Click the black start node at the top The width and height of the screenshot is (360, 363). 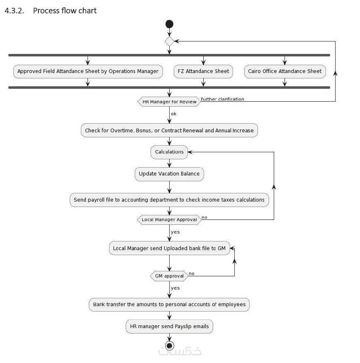(x=169, y=24)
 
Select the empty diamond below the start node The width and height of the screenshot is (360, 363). (x=169, y=41)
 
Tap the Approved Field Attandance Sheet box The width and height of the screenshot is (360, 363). (x=88, y=71)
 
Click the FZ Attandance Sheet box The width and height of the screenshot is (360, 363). (x=203, y=71)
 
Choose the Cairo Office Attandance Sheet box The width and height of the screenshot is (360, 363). (x=285, y=71)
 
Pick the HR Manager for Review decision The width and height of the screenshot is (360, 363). (x=169, y=102)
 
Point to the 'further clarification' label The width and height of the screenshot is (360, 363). (x=223, y=99)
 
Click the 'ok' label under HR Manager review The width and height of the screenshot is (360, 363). (x=174, y=114)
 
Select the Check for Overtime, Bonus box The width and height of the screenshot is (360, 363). (x=169, y=130)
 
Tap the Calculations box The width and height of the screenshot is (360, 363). (x=169, y=152)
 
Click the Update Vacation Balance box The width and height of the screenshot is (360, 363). (x=169, y=174)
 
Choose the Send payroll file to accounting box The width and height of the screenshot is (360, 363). (x=169, y=200)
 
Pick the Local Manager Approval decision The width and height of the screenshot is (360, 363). (x=169, y=220)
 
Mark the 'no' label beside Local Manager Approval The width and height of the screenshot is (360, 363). (x=204, y=217)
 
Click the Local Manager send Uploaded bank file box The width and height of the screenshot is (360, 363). (x=169, y=248)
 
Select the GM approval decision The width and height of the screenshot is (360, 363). (x=169, y=276)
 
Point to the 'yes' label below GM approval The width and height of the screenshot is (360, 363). (x=175, y=288)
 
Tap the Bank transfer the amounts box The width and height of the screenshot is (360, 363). (x=169, y=305)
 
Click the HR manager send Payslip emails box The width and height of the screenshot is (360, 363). (x=169, y=326)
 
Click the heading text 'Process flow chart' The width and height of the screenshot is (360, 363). (x=65, y=11)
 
